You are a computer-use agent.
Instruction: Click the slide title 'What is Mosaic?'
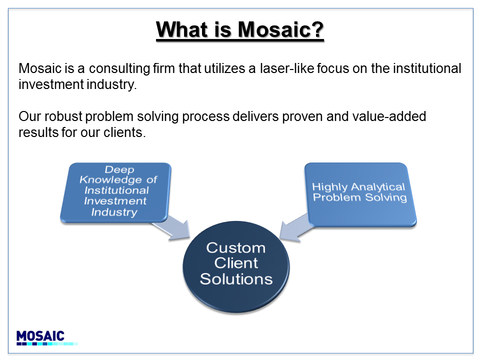[239, 30]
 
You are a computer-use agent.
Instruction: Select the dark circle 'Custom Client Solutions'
[236, 267]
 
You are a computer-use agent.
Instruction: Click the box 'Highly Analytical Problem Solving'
[360, 194]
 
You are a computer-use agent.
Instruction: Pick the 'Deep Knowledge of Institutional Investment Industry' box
[115, 192]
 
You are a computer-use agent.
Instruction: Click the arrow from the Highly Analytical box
[295, 228]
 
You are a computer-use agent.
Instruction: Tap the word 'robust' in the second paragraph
[63, 116]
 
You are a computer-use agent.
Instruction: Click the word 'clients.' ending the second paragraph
[124, 132]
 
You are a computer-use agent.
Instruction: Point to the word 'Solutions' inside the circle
[236, 279]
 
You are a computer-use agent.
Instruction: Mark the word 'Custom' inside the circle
[235, 247]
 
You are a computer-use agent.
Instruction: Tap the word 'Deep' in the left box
[119, 169]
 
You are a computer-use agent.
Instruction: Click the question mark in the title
[318, 29]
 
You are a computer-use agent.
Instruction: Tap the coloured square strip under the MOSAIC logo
[47, 344]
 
